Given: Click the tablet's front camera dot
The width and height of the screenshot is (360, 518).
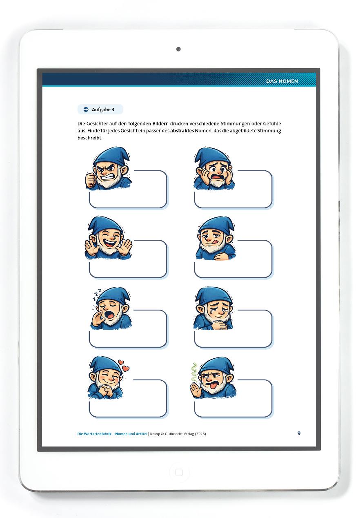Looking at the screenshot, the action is pyautogui.click(x=178, y=49).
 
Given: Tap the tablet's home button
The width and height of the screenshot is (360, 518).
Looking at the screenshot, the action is pyautogui.click(x=179, y=472).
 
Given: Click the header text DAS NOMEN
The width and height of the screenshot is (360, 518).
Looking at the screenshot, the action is pyautogui.click(x=282, y=81).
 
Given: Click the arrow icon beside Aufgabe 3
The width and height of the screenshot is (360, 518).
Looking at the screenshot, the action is pyautogui.click(x=86, y=109).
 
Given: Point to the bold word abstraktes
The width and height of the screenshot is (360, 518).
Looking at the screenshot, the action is pyautogui.click(x=182, y=131).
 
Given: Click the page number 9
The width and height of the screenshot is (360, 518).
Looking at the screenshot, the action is pyautogui.click(x=299, y=433).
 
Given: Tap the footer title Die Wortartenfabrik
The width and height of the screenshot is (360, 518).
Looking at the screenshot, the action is pyautogui.click(x=95, y=434).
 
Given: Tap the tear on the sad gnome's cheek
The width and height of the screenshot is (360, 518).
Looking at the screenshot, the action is pyautogui.click(x=211, y=310).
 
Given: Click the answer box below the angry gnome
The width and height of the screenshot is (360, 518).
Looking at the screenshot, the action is pyautogui.click(x=128, y=190).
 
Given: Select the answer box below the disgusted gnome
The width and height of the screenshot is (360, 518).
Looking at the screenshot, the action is pyautogui.click(x=233, y=398).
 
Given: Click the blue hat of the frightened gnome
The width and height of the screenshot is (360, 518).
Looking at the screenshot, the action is pyautogui.click(x=212, y=155).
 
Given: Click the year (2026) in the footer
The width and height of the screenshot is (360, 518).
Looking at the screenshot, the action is pyautogui.click(x=200, y=434).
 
